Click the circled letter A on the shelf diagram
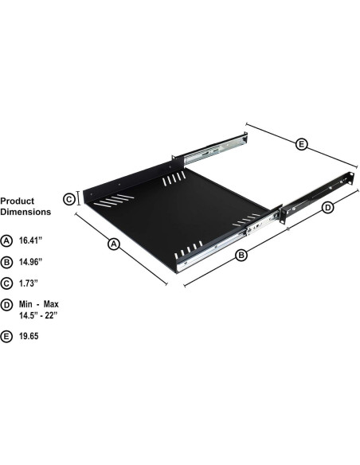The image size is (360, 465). coord(113,245)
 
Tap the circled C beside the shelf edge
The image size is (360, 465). coord(69,199)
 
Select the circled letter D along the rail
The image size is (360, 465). coord(327,208)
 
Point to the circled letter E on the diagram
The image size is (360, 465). coord(301,144)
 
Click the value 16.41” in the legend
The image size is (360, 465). coord(32,239)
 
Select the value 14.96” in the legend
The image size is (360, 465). coord(32,260)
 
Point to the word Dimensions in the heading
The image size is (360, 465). coord(25,213)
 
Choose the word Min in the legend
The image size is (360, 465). coord(27,304)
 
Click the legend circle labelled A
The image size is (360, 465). coord(7,240)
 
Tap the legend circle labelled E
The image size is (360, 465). coord(7,337)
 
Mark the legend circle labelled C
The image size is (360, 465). coord(7,283)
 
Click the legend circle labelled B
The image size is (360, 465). coord(7,261)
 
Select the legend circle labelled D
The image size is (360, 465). coord(7,304)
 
